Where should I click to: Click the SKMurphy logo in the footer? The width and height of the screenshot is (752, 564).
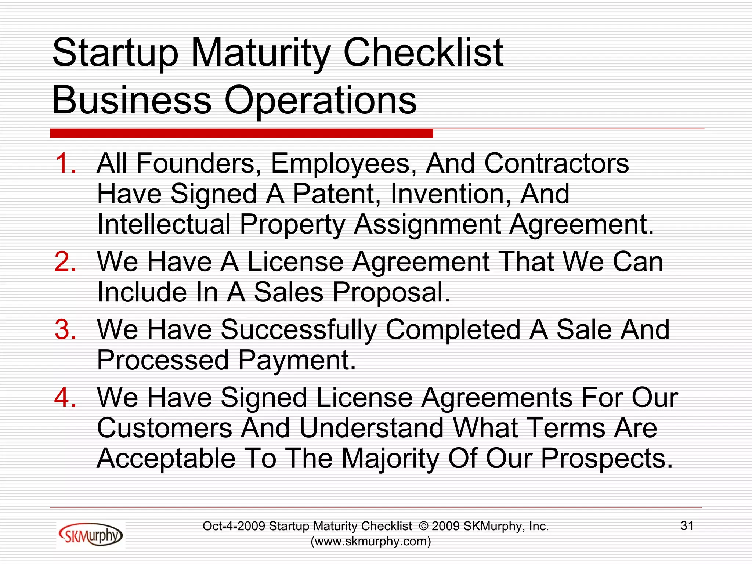(x=90, y=535)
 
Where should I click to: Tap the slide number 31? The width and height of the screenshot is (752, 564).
(x=687, y=526)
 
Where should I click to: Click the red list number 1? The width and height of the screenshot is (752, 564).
(x=65, y=163)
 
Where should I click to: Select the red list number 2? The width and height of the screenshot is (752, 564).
(x=65, y=262)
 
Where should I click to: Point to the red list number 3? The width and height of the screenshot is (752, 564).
(x=65, y=329)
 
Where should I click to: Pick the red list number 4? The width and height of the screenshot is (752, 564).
(x=65, y=398)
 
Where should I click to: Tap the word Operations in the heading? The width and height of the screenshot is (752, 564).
(x=320, y=100)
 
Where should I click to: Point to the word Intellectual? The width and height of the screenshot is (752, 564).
(x=164, y=224)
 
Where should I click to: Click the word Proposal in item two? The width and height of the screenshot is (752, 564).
(x=391, y=293)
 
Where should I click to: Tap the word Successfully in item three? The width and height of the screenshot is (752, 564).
(x=299, y=329)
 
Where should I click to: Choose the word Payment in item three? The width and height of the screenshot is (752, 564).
(x=297, y=360)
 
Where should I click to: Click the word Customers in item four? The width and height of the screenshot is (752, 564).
(x=164, y=429)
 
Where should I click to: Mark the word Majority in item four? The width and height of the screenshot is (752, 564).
(x=390, y=459)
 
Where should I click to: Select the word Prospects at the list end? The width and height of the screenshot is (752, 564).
(x=607, y=459)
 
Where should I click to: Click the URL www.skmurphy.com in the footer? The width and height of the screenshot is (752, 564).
(x=371, y=541)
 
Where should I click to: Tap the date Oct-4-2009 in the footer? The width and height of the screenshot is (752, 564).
(x=234, y=526)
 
